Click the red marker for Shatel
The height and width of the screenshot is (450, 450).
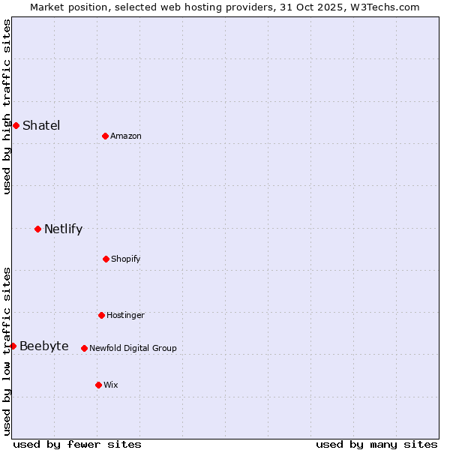[x=16, y=125]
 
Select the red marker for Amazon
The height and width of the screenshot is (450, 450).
[x=105, y=136]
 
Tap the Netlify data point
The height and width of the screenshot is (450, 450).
[x=37, y=229]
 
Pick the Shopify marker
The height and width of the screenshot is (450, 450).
[x=106, y=259]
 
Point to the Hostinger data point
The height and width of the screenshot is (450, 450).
[x=101, y=315]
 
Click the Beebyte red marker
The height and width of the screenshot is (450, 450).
[x=13, y=346]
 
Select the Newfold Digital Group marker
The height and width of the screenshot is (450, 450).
[x=84, y=348]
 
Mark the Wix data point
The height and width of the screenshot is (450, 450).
[x=98, y=385]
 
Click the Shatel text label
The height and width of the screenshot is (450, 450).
[x=41, y=125]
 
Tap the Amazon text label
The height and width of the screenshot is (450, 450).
[x=126, y=136]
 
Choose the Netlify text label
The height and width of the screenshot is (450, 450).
[x=63, y=229]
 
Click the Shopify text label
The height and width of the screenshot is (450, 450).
[x=126, y=259]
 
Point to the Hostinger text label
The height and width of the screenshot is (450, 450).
[x=125, y=315]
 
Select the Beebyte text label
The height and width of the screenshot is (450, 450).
[x=44, y=346]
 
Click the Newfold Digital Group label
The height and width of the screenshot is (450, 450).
[x=133, y=348]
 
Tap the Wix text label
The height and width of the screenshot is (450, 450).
[x=111, y=385]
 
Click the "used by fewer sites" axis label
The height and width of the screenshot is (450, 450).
[x=77, y=444]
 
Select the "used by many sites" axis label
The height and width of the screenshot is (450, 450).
[x=376, y=444]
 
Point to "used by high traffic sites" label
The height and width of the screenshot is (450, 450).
[x=7, y=106]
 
